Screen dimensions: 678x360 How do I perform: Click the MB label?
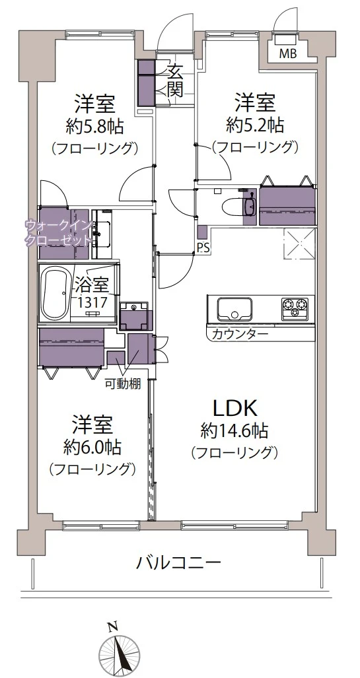click(288, 53)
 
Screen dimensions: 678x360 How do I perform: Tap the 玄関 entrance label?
click(174, 80)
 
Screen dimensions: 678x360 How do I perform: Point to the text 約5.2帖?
click(255, 124)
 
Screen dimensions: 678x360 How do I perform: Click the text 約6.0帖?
click(92, 447)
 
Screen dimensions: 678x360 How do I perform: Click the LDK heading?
click(234, 407)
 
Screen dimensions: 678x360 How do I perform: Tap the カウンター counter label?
click(240, 334)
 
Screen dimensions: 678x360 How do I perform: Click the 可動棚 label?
click(122, 385)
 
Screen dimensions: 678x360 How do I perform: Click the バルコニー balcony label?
click(179, 563)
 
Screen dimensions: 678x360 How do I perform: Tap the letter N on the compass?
click(113, 626)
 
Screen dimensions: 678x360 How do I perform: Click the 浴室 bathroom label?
click(91, 285)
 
